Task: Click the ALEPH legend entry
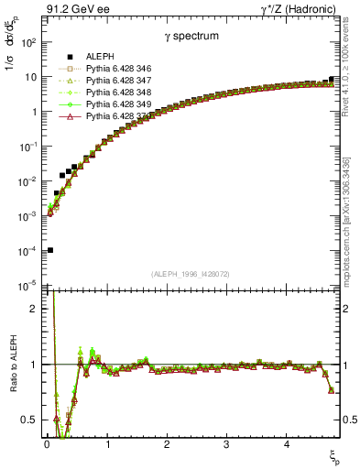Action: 96,58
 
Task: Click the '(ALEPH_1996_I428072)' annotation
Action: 191,273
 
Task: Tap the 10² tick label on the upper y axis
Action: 28,42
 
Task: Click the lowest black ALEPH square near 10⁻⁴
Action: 50,250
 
